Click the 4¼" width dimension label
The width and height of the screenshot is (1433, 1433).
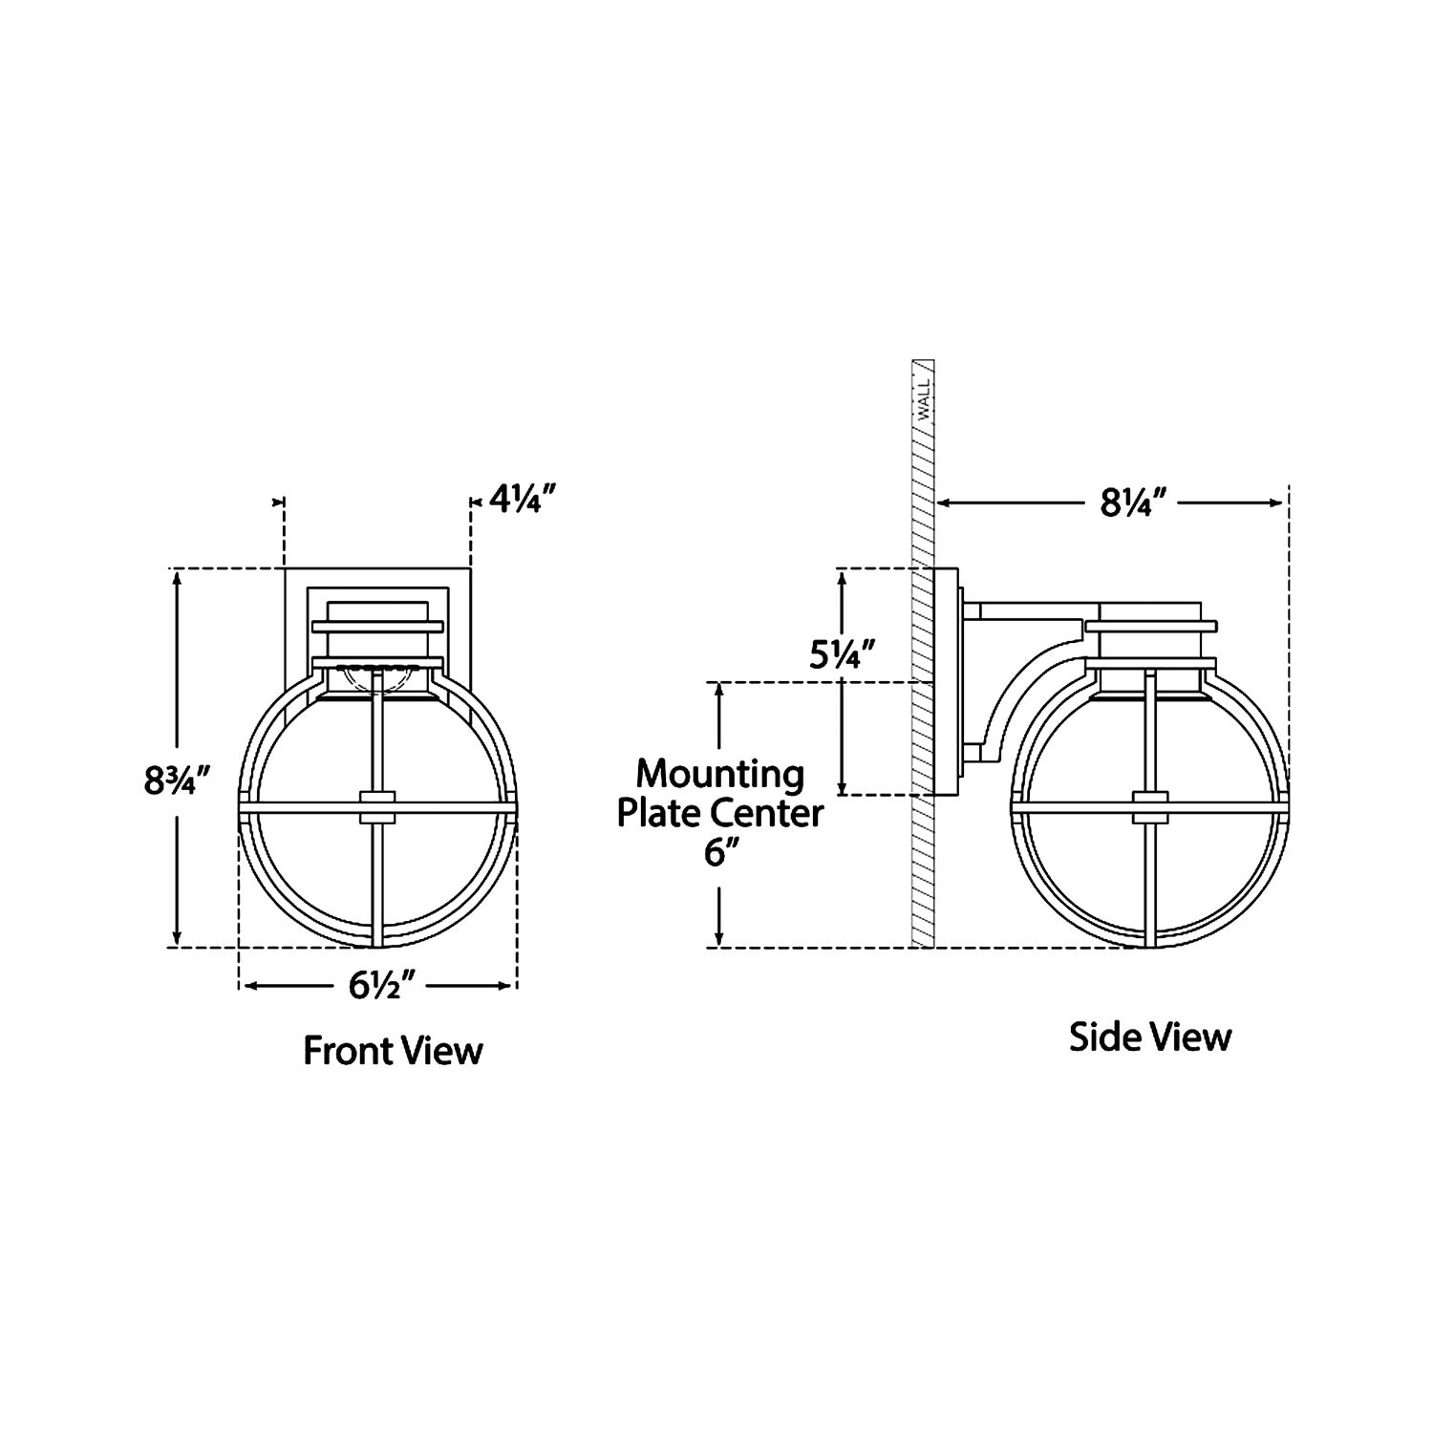click(x=523, y=499)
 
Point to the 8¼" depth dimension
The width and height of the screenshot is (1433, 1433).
click(x=1135, y=503)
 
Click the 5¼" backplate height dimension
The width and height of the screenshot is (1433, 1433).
click(x=842, y=655)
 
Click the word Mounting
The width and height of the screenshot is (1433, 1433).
click(x=719, y=774)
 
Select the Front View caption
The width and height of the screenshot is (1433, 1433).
click(x=393, y=1051)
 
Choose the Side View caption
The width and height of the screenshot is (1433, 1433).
click(x=1149, y=1037)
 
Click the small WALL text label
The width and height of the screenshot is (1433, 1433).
click(x=923, y=399)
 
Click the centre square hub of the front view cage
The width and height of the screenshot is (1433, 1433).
click(x=377, y=807)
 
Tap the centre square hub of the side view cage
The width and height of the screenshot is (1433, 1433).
click(x=1149, y=807)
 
